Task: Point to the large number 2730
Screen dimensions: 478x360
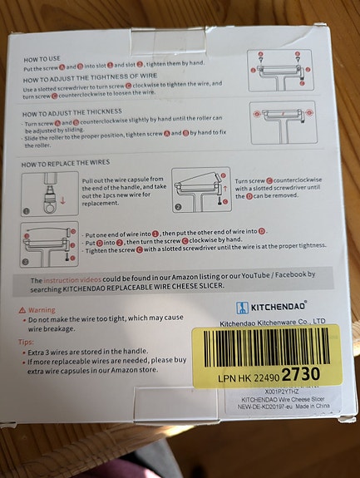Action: tap(299, 373)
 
